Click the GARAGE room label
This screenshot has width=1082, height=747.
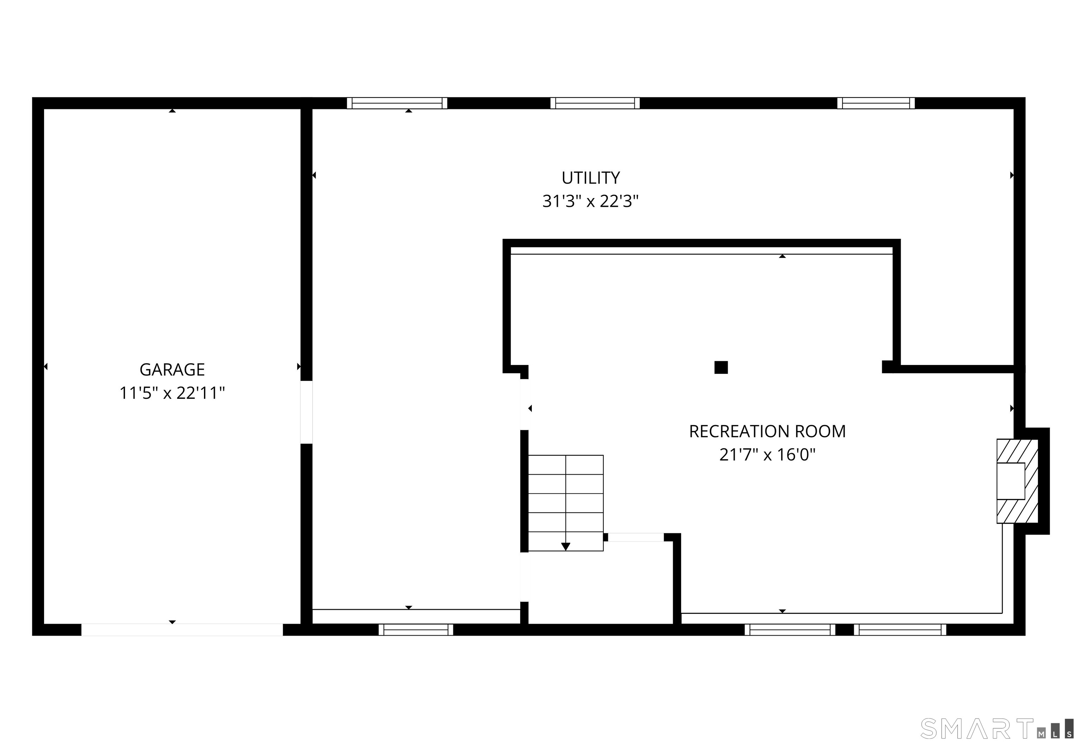(x=172, y=370)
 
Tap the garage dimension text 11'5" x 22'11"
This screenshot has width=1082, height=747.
(x=172, y=393)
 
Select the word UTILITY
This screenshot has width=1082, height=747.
(x=591, y=178)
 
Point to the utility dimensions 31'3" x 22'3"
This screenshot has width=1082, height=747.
(x=590, y=201)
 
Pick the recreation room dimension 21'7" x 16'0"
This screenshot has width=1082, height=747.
(x=767, y=455)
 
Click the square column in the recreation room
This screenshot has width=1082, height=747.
(x=721, y=368)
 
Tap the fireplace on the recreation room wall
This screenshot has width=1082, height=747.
(x=1018, y=481)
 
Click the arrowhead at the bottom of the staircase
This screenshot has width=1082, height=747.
(x=566, y=546)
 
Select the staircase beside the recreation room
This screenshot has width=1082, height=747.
(x=566, y=503)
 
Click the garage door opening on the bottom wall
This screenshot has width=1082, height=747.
(x=182, y=630)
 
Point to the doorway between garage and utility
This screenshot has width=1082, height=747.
(x=306, y=412)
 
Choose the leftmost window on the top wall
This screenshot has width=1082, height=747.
(x=397, y=103)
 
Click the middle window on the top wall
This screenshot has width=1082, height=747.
(x=595, y=103)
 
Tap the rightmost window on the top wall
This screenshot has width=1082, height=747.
(x=876, y=103)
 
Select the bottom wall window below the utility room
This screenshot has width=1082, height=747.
(x=416, y=630)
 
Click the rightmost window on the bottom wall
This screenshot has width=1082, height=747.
(x=900, y=630)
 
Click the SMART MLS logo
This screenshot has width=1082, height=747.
(x=997, y=729)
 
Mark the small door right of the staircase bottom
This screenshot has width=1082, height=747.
(x=636, y=537)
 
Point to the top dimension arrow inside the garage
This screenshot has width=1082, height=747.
(x=172, y=111)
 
